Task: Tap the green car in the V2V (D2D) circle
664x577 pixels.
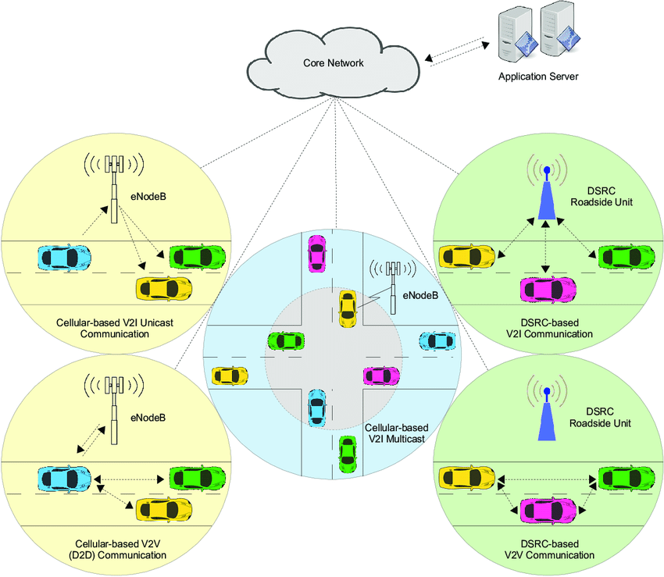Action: (198, 476)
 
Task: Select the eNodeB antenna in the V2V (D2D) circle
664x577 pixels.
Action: (115, 410)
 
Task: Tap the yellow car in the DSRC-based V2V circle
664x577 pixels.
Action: (467, 476)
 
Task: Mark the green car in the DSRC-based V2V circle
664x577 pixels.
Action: (626, 476)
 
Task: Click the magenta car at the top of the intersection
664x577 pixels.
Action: (316, 251)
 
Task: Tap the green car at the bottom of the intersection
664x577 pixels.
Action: (348, 453)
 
